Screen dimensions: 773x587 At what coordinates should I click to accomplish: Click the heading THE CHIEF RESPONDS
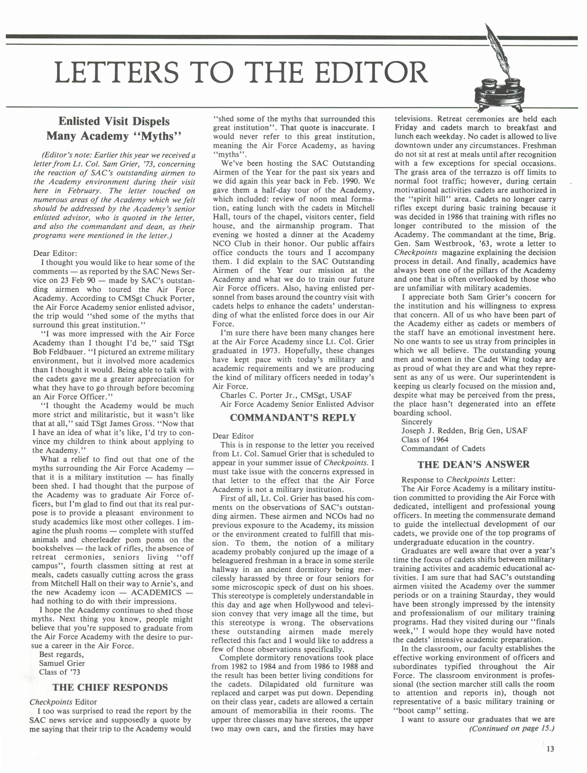pyautogui.click(x=110, y=688)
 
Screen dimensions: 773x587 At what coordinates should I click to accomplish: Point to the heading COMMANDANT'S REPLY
pyautogui.click(x=293, y=418)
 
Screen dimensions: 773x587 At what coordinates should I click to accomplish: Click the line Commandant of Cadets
pyautogui.click(x=443, y=448)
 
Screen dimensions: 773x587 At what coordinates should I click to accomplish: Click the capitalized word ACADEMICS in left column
pyautogui.click(x=156, y=592)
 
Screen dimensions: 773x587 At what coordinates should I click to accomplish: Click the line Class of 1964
pyautogui.click(x=425, y=440)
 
